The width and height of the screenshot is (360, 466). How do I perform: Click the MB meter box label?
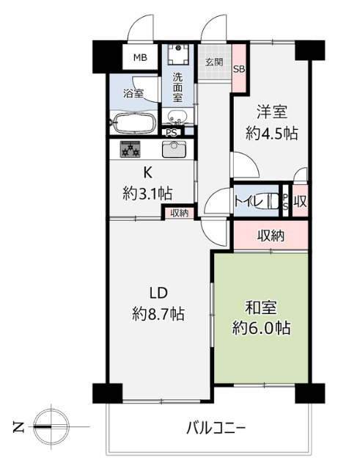140,57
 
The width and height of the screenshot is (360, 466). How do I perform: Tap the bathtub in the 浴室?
133,123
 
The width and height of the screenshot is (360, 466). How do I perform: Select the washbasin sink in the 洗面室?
177,117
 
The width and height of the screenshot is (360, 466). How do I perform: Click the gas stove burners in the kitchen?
130,149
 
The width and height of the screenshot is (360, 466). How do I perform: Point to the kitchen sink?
174,148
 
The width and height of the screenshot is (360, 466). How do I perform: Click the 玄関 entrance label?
214,62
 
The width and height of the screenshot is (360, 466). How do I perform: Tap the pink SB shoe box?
239,68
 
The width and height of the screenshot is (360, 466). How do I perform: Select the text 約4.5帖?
271,133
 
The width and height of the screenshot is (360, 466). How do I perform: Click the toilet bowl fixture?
272,200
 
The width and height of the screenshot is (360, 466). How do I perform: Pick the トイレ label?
249,202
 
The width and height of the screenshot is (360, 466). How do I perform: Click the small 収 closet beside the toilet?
300,200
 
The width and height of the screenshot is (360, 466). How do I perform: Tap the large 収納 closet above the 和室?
271,236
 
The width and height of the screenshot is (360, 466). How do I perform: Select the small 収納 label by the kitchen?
180,213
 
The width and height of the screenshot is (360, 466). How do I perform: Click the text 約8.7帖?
158,313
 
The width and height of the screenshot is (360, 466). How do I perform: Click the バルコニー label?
216,429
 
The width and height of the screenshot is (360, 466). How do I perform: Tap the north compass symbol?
51,427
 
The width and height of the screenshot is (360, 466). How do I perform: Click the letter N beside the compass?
18,427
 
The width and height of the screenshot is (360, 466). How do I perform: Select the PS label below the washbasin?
172,133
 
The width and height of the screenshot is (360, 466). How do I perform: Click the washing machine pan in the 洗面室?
177,54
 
